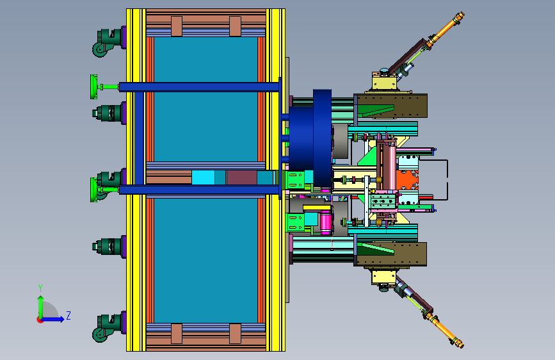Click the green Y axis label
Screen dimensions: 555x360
click(40, 288)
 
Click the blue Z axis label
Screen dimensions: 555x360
click(68, 315)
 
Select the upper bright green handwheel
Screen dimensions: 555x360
click(94, 87)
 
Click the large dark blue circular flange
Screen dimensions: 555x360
click(322, 138)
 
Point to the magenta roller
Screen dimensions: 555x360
click(326, 222)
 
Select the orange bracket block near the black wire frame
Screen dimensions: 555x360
click(407, 181)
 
